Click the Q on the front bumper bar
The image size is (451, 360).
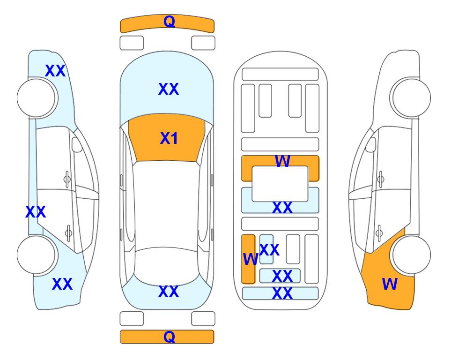click(169, 22)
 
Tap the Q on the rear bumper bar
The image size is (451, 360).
click(169, 337)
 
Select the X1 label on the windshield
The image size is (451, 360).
click(169, 138)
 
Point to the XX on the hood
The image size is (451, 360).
click(169, 89)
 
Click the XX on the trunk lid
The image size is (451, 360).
click(169, 292)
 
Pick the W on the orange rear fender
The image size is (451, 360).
click(390, 284)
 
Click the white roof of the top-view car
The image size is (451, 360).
click(166, 204)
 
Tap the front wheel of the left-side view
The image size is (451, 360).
click(36, 98)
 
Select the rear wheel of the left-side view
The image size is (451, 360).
click(36, 255)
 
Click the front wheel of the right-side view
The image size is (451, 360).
click(412, 98)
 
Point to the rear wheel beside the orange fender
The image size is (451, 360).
click(412, 255)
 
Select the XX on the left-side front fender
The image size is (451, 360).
click(55, 71)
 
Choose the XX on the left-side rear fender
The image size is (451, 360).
click(62, 284)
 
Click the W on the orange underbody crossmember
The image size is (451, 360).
click(282, 161)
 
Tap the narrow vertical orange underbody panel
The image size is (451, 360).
click(248, 259)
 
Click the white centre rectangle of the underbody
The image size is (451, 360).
click(280, 184)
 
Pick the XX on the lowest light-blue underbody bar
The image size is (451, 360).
click(282, 293)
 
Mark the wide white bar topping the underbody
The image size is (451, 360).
click(280, 75)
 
